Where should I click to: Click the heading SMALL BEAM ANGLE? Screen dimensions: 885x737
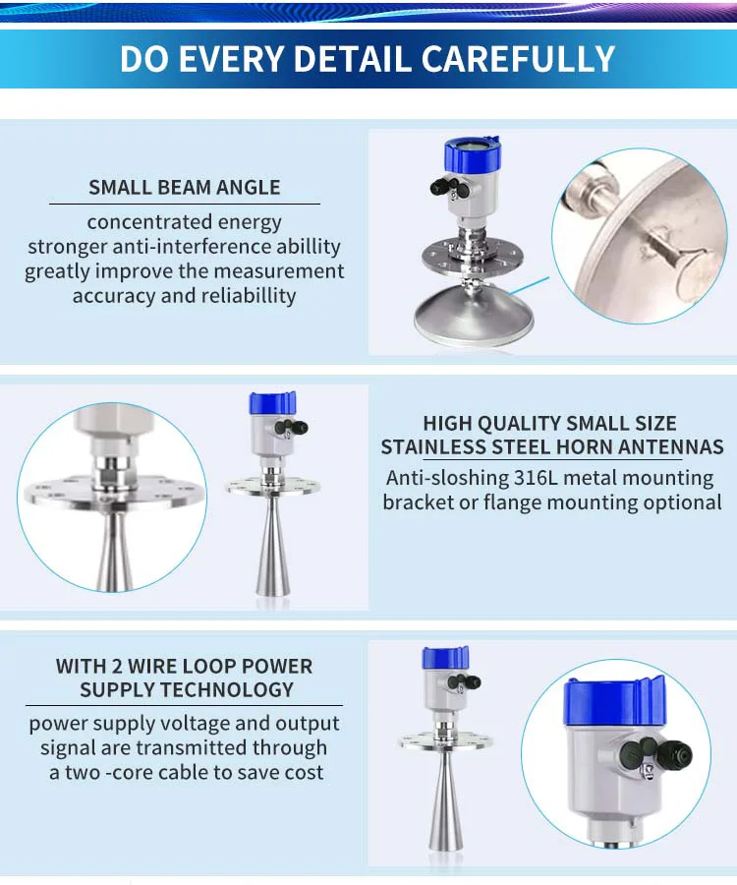(185, 187)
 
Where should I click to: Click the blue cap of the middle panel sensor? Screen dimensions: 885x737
(272, 403)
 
